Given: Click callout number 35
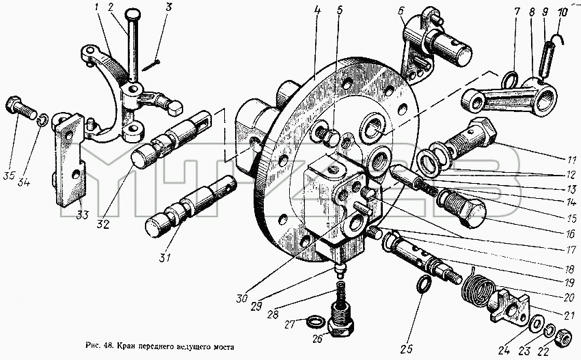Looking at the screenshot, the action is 10,176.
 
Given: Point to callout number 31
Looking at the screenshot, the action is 165,257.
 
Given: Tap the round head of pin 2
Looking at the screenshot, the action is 133,16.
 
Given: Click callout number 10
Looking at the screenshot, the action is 562,12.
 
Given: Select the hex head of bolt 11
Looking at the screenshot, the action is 482,131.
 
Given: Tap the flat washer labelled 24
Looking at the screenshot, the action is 535,324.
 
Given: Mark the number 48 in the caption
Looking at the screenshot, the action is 108,346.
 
